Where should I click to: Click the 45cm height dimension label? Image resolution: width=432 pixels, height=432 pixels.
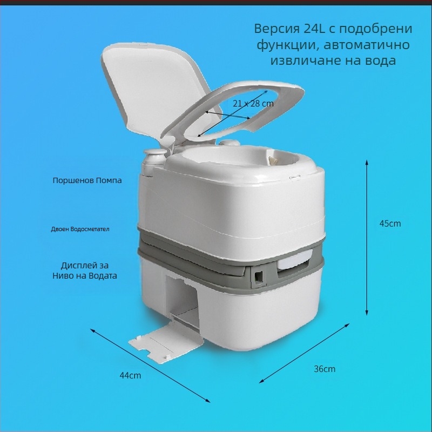(x=390, y=224)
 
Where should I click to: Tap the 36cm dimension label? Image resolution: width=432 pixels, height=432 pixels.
(x=325, y=369)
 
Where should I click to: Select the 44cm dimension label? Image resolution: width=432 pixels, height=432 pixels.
(x=130, y=375)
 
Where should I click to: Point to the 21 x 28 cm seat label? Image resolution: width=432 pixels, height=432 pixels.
(x=253, y=104)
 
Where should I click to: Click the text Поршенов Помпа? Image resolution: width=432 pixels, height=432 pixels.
(x=87, y=180)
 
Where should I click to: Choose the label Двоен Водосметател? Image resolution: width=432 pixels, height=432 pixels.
(x=80, y=229)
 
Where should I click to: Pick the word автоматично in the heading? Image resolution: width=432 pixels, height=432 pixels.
(x=367, y=44)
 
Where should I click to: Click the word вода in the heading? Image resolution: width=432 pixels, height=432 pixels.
(x=381, y=60)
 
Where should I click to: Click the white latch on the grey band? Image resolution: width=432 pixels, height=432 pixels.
(x=295, y=259)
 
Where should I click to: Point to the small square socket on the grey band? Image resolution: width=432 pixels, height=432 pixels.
(x=259, y=275)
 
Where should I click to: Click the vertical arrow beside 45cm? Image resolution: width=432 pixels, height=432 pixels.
(x=367, y=238)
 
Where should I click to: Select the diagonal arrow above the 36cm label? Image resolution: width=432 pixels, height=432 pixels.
(x=304, y=353)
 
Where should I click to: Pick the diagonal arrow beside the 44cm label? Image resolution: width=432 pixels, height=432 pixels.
(x=151, y=366)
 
